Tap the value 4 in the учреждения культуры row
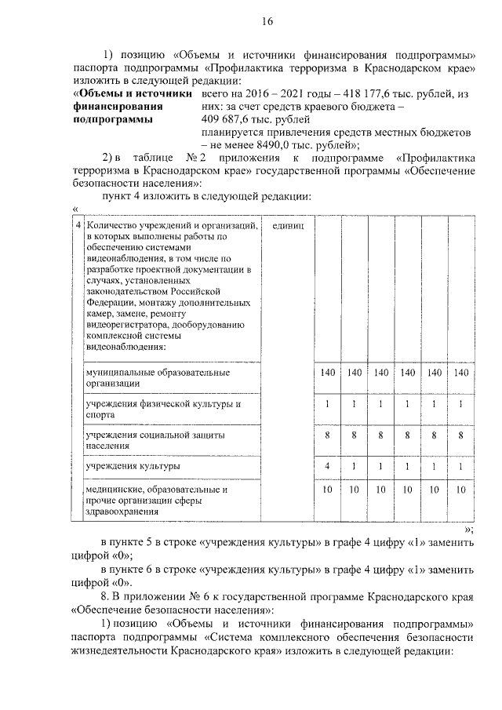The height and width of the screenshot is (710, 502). coord(327,466)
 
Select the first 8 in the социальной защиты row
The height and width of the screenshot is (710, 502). coord(327,434)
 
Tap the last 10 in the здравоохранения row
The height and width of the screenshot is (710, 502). coord(462,489)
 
